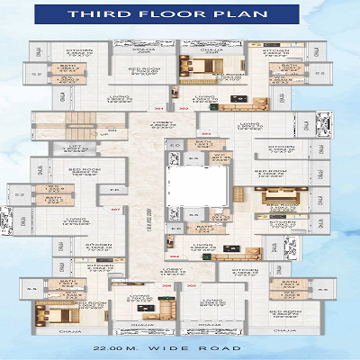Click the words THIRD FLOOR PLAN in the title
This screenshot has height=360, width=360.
click(x=179, y=15)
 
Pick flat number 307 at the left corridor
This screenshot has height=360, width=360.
click(x=115, y=209)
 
